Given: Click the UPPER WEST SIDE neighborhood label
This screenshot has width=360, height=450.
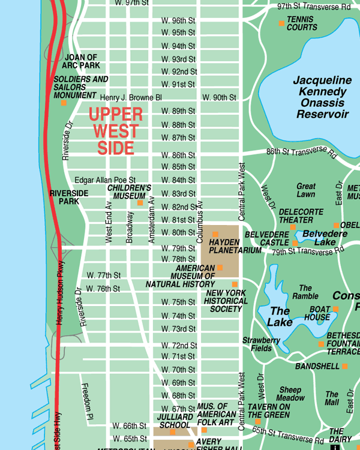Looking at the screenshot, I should (x=116, y=131).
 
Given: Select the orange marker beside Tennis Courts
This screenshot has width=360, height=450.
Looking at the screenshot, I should (x=281, y=23).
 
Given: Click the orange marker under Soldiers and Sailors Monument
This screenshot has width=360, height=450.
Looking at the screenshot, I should (x=64, y=103).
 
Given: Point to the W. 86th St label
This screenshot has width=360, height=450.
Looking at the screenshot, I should (x=178, y=155).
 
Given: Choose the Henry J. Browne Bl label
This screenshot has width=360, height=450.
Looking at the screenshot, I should (x=131, y=97).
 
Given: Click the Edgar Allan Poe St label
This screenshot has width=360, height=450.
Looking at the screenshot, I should (x=105, y=180).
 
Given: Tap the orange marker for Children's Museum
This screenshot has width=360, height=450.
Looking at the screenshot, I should (x=140, y=203).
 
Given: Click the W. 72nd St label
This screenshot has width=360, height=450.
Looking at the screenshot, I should (x=179, y=346).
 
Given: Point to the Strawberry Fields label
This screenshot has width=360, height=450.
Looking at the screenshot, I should (x=261, y=344).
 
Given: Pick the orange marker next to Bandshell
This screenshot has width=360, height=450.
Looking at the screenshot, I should (x=344, y=366).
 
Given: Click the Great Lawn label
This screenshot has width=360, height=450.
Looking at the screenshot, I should (x=306, y=190).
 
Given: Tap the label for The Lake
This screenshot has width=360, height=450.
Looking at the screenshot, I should (x=280, y=316).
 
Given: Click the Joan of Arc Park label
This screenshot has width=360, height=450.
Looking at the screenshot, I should (x=82, y=61).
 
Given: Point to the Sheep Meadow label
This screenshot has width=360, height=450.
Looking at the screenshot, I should (x=290, y=394).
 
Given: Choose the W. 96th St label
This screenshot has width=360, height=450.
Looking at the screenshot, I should (x=178, y=20).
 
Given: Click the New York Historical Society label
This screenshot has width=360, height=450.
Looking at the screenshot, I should (x=226, y=301).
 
